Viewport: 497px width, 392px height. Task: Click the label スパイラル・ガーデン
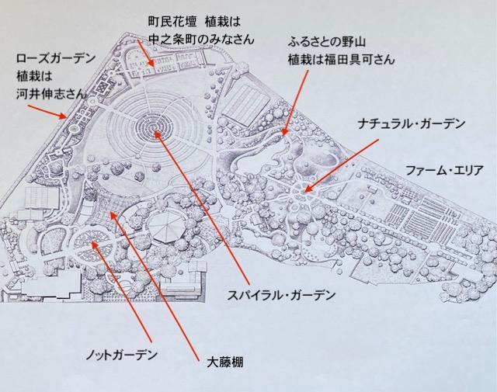281,295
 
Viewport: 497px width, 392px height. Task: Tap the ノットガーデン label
122,355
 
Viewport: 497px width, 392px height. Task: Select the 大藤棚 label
224,363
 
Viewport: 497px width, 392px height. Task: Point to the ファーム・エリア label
444,171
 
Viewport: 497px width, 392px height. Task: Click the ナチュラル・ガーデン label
412,123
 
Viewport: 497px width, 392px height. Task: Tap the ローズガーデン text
56,58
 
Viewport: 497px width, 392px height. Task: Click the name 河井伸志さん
51,94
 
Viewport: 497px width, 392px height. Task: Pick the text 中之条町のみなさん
201,40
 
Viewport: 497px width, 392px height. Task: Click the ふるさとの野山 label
327,42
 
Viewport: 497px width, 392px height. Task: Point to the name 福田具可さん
360,60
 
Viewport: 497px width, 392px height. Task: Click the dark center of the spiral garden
155,128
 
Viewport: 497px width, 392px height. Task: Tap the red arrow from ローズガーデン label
47,112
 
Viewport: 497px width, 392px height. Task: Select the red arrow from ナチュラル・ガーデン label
341,166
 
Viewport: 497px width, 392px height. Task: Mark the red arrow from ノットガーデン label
121,293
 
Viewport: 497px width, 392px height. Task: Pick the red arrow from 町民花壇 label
146,54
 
